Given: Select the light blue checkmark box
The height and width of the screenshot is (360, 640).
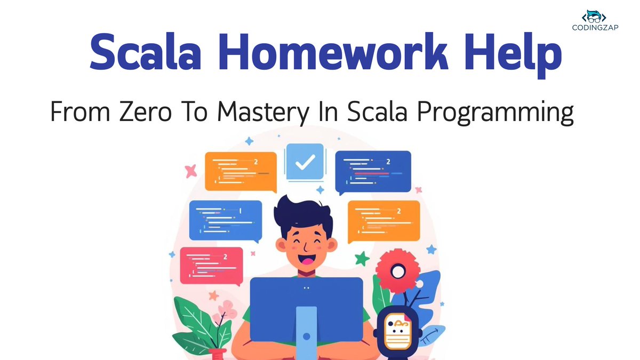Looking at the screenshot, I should (305, 161).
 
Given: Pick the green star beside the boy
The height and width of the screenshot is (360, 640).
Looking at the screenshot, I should (363, 259).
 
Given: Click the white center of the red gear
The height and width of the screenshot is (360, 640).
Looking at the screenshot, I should (398, 272).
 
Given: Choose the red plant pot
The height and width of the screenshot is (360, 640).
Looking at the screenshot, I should (219, 354).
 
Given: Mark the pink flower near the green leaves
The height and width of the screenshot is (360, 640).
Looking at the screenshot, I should (228, 308).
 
